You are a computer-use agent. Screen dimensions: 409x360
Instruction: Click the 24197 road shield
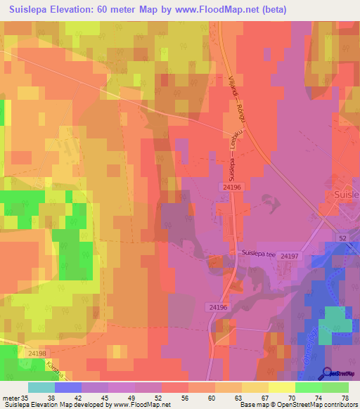tap(289, 257)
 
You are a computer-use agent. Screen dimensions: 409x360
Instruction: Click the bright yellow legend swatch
tap(281, 387)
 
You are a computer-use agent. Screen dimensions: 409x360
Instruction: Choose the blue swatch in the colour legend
tap(68, 387)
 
